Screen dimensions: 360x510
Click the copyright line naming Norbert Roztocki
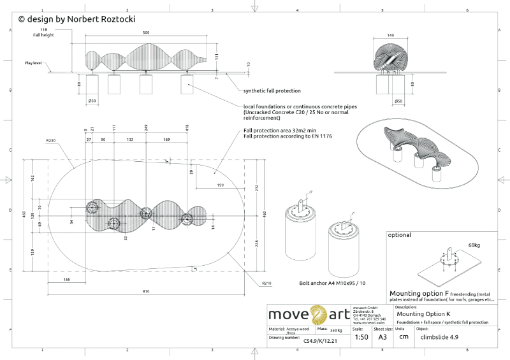point(77,20)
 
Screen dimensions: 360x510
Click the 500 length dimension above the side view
point(146,32)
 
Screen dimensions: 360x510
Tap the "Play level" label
point(33,63)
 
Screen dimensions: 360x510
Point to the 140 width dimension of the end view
point(391,36)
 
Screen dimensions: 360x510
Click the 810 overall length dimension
point(146,291)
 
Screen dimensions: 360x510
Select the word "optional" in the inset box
point(400,235)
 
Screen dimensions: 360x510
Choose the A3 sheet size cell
point(382,337)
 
